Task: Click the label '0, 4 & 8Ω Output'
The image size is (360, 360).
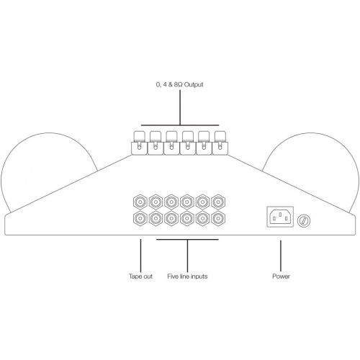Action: click(x=179, y=85)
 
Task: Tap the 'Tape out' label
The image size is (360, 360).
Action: click(x=140, y=276)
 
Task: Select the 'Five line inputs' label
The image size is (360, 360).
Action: click(x=187, y=276)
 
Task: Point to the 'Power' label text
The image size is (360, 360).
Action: click(x=281, y=276)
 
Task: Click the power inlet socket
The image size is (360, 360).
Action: click(x=280, y=217)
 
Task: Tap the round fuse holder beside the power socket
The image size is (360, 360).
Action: click(x=304, y=220)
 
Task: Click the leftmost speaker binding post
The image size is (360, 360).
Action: click(x=139, y=143)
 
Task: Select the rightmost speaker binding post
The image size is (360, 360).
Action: click(x=220, y=143)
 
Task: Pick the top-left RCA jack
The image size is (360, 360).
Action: click(x=140, y=202)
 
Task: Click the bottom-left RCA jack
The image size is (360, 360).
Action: click(x=140, y=218)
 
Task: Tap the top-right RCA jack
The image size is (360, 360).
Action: click(x=218, y=202)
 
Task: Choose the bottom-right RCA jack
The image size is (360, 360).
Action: click(x=218, y=218)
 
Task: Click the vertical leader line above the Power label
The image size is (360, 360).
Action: click(x=281, y=256)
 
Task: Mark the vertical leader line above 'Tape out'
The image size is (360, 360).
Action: click(x=140, y=256)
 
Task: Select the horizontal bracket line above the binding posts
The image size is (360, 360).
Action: click(x=180, y=125)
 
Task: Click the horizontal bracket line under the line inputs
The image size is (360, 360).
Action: click(x=187, y=239)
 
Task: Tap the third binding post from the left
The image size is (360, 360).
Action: click(x=171, y=143)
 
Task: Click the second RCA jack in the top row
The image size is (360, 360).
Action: click(x=156, y=202)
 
